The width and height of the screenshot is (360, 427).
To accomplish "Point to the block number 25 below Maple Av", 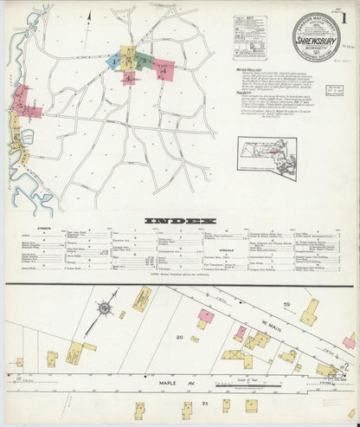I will (206, 404).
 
